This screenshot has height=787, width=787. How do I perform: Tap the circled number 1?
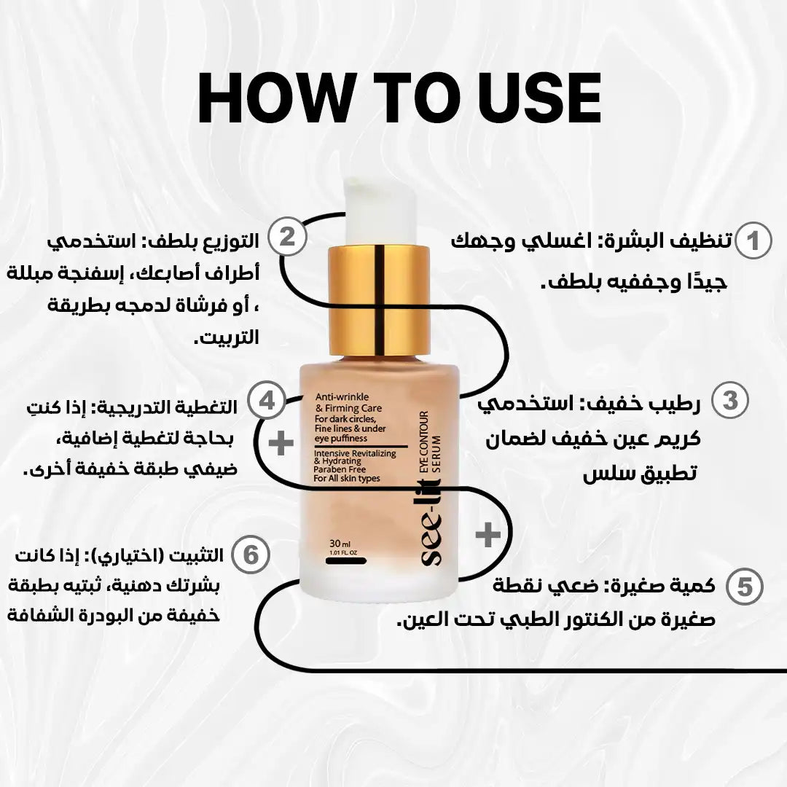click(753, 241)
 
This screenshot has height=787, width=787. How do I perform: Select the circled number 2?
click(287, 236)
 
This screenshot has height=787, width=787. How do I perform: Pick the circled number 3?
click(729, 401)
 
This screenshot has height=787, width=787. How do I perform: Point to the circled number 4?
click(267, 401)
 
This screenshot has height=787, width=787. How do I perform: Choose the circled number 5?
click(745, 586)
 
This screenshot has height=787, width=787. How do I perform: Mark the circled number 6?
click(251, 555)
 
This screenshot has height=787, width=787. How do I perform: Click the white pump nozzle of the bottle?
click(380, 211)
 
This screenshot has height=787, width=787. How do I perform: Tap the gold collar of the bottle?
click(379, 300)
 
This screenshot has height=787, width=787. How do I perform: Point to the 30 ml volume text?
click(340, 544)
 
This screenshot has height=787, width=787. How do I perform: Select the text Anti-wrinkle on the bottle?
click(342, 397)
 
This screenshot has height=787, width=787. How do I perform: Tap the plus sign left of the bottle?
click(281, 443)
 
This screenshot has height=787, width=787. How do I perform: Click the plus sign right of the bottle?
click(488, 534)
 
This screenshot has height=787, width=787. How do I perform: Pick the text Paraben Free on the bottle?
click(340, 469)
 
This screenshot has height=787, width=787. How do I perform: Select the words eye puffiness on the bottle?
click(341, 439)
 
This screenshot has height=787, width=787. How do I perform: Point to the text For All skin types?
click(347, 478)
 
